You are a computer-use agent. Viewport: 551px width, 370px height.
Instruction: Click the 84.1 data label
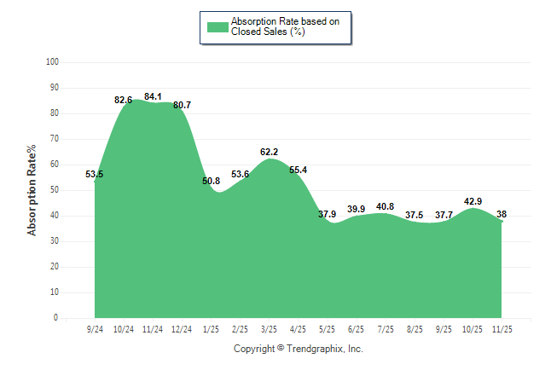point(153,96)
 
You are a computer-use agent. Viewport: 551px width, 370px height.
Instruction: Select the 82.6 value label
point(124,100)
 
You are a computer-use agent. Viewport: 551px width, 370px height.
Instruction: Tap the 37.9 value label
point(327,214)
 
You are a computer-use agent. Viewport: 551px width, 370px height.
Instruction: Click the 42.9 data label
point(473,201)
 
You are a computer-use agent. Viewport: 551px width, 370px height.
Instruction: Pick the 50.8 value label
point(211,181)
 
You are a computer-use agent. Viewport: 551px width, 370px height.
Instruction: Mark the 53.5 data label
point(95,174)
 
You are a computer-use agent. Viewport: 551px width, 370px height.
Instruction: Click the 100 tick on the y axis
point(52,62)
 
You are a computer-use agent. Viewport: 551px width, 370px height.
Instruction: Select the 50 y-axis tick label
point(55,190)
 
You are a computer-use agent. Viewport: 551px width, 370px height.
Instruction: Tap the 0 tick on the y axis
point(56,318)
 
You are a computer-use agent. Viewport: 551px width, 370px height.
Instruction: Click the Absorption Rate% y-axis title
point(32,191)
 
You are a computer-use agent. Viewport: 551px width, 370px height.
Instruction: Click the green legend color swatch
point(217,26)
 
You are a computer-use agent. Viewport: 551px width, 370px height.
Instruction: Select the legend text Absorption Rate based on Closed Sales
point(279,26)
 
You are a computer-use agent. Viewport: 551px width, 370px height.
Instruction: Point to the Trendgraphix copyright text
point(299,349)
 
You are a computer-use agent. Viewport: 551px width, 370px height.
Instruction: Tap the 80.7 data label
point(182,105)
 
